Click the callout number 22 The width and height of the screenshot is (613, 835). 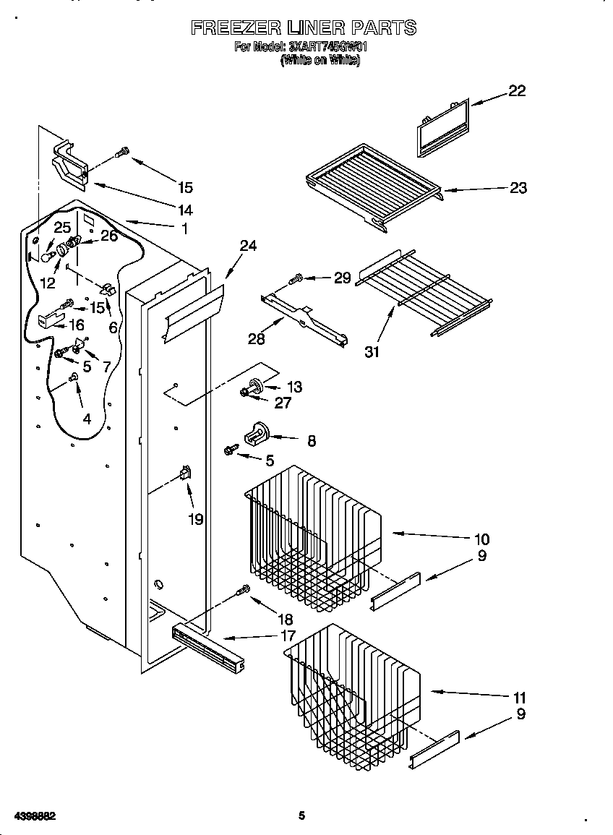click(516, 90)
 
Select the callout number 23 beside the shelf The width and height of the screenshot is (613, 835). click(518, 188)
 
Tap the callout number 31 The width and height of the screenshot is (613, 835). click(372, 352)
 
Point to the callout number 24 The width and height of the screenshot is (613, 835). click(248, 246)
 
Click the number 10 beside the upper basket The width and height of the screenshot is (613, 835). click(482, 539)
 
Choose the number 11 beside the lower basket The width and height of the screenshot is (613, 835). click(519, 698)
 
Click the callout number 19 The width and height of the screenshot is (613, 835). click(196, 518)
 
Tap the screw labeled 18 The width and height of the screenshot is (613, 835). click(244, 591)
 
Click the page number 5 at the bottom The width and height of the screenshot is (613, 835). click(302, 815)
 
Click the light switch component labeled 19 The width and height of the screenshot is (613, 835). click(185, 474)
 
